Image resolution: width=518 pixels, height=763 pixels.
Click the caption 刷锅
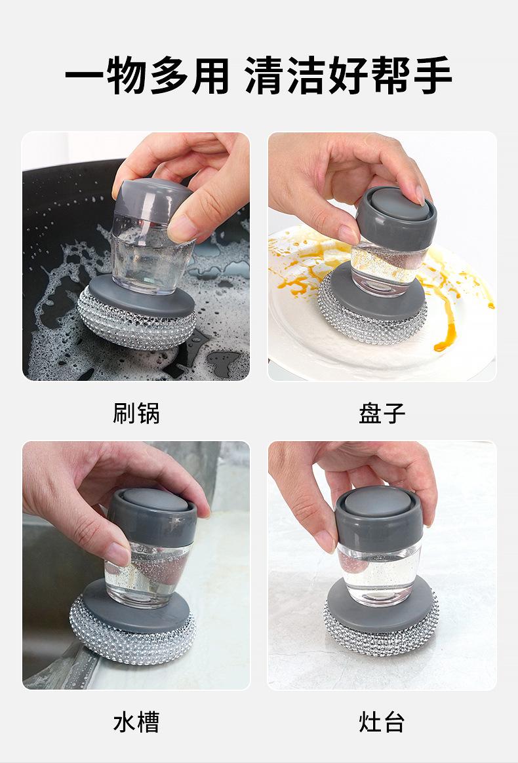[x=136, y=413]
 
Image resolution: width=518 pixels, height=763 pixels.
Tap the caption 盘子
[x=382, y=413]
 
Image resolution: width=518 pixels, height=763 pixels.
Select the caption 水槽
[x=136, y=722]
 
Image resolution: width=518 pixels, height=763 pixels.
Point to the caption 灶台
[x=382, y=722]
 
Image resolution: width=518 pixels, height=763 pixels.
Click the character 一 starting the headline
[x=85, y=75]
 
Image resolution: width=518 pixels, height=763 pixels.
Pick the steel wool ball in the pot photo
[x=137, y=324]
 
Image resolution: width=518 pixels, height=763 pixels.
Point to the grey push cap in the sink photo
[x=152, y=517]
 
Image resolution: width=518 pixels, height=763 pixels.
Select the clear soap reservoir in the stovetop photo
[x=379, y=575]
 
